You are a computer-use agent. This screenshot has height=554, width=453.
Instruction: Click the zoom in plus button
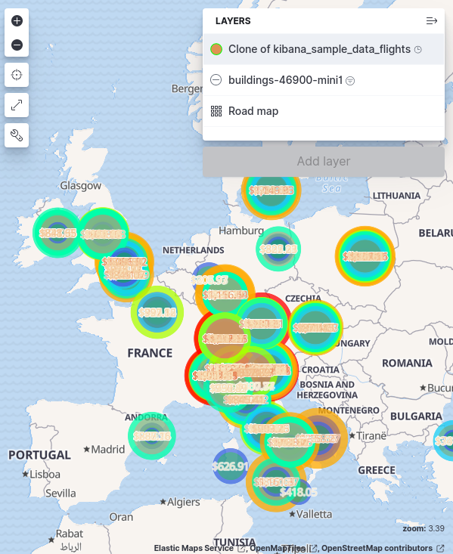pyautogui.click(x=17, y=20)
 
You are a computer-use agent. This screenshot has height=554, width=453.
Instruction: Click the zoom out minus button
pyautogui.click(x=17, y=45)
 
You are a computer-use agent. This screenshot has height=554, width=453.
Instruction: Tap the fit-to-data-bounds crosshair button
pyautogui.click(x=17, y=75)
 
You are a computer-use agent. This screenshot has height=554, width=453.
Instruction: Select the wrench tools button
pyautogui.click(x=17, y=135)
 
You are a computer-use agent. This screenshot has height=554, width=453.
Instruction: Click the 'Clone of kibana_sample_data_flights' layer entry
pyautogui.click(x=318, y=49)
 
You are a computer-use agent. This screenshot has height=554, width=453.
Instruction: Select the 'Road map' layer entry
pyautogui.click(x=253, y=111)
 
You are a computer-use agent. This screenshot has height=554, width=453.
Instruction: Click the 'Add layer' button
pyautogui.click(x=323, y=161)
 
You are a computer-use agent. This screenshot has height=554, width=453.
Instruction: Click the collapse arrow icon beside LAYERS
pyautogui.click(x=432, y=21)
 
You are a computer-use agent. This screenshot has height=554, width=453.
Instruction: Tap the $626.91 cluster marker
pyautogui.click(x=230, y=466)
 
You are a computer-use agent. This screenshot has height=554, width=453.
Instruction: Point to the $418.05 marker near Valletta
pyautogui.click(x=298, y=491)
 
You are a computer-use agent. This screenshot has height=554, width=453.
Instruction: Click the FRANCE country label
pyautogui.click(x=150, y=353)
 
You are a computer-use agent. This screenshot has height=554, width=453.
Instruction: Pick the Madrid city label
pyautogui.click(x=108, y=449)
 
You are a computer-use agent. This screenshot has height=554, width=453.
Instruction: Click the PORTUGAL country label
pyautogui.click(x=39, y=455)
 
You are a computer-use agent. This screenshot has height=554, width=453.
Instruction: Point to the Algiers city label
pyautogui.click(x=183, y=502)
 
